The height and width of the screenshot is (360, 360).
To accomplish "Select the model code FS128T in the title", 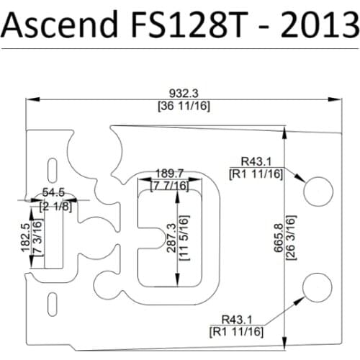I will click(166, 27).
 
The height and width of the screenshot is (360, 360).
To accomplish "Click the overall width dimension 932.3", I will click(184, 94).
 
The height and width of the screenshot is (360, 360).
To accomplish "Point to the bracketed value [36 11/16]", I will click(184, 106).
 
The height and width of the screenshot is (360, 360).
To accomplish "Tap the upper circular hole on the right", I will click(317, 190).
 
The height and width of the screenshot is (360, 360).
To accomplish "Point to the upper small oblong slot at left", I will click(52, 170).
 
